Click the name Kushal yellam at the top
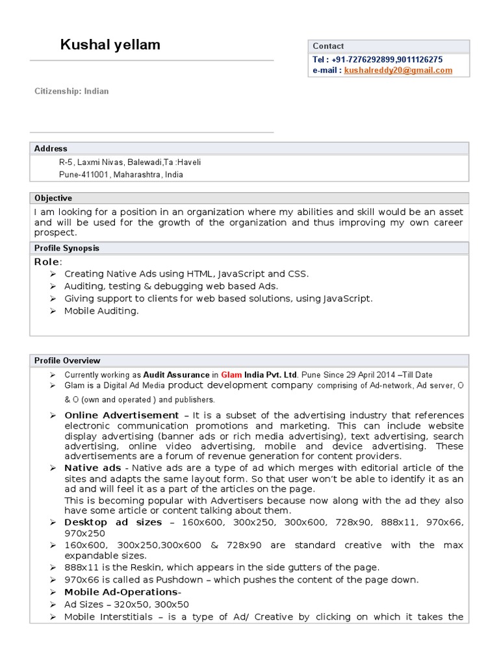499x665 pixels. pos(110,45)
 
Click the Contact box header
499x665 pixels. pos(328,46)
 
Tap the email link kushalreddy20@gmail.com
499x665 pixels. pos(398,70)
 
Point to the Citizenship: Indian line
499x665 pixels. pos(71,92)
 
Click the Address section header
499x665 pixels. pos(51,149)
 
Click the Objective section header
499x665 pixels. pos(53,198)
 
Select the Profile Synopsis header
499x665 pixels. pos(66,248)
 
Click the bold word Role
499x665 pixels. pos(47,262)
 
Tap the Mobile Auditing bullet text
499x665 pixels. pos(101,311)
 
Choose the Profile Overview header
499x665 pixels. pos(67,360)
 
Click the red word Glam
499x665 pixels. pos(231,375)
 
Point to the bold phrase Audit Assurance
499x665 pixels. pos(176,375)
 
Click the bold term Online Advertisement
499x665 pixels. pos(122,415)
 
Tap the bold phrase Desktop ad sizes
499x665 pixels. pos(113,522)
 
